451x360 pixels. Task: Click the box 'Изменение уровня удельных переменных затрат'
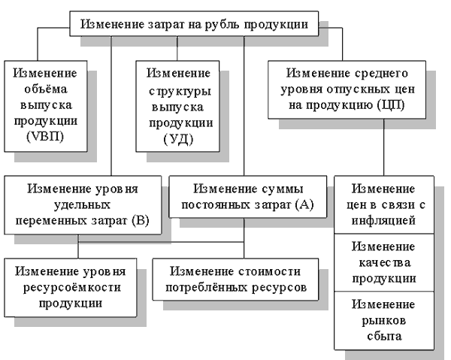pyautogui.click(x=83, y=203)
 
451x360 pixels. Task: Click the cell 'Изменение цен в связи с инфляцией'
pyautogui.click(x=384, y=204)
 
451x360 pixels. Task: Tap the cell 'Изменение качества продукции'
pyautogui.click(x=384, y=262)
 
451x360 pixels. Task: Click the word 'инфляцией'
pyautogui.click(x=384, y=221)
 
